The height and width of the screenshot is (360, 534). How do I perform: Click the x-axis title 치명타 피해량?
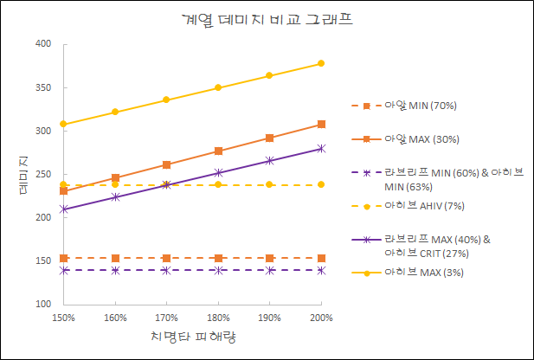click(192, 336)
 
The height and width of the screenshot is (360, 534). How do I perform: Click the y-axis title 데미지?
click(25, 173)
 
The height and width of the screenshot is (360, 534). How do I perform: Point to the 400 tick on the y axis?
click(43, 44)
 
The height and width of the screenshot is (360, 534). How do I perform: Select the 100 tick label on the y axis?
click(43, 305)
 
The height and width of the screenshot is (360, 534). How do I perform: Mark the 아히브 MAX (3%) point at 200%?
click(321, 63)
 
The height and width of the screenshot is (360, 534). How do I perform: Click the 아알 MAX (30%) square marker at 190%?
click(270, 138)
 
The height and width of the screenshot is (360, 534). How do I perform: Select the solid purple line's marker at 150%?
click(63, 209)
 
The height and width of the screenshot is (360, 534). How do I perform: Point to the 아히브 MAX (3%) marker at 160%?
click(115, 112)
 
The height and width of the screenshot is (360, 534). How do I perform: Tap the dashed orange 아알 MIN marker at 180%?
click(218, 258)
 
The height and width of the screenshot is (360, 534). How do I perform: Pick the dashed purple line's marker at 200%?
click(321, 270)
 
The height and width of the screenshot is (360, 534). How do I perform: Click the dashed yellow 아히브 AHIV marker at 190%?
click(270, 184)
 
